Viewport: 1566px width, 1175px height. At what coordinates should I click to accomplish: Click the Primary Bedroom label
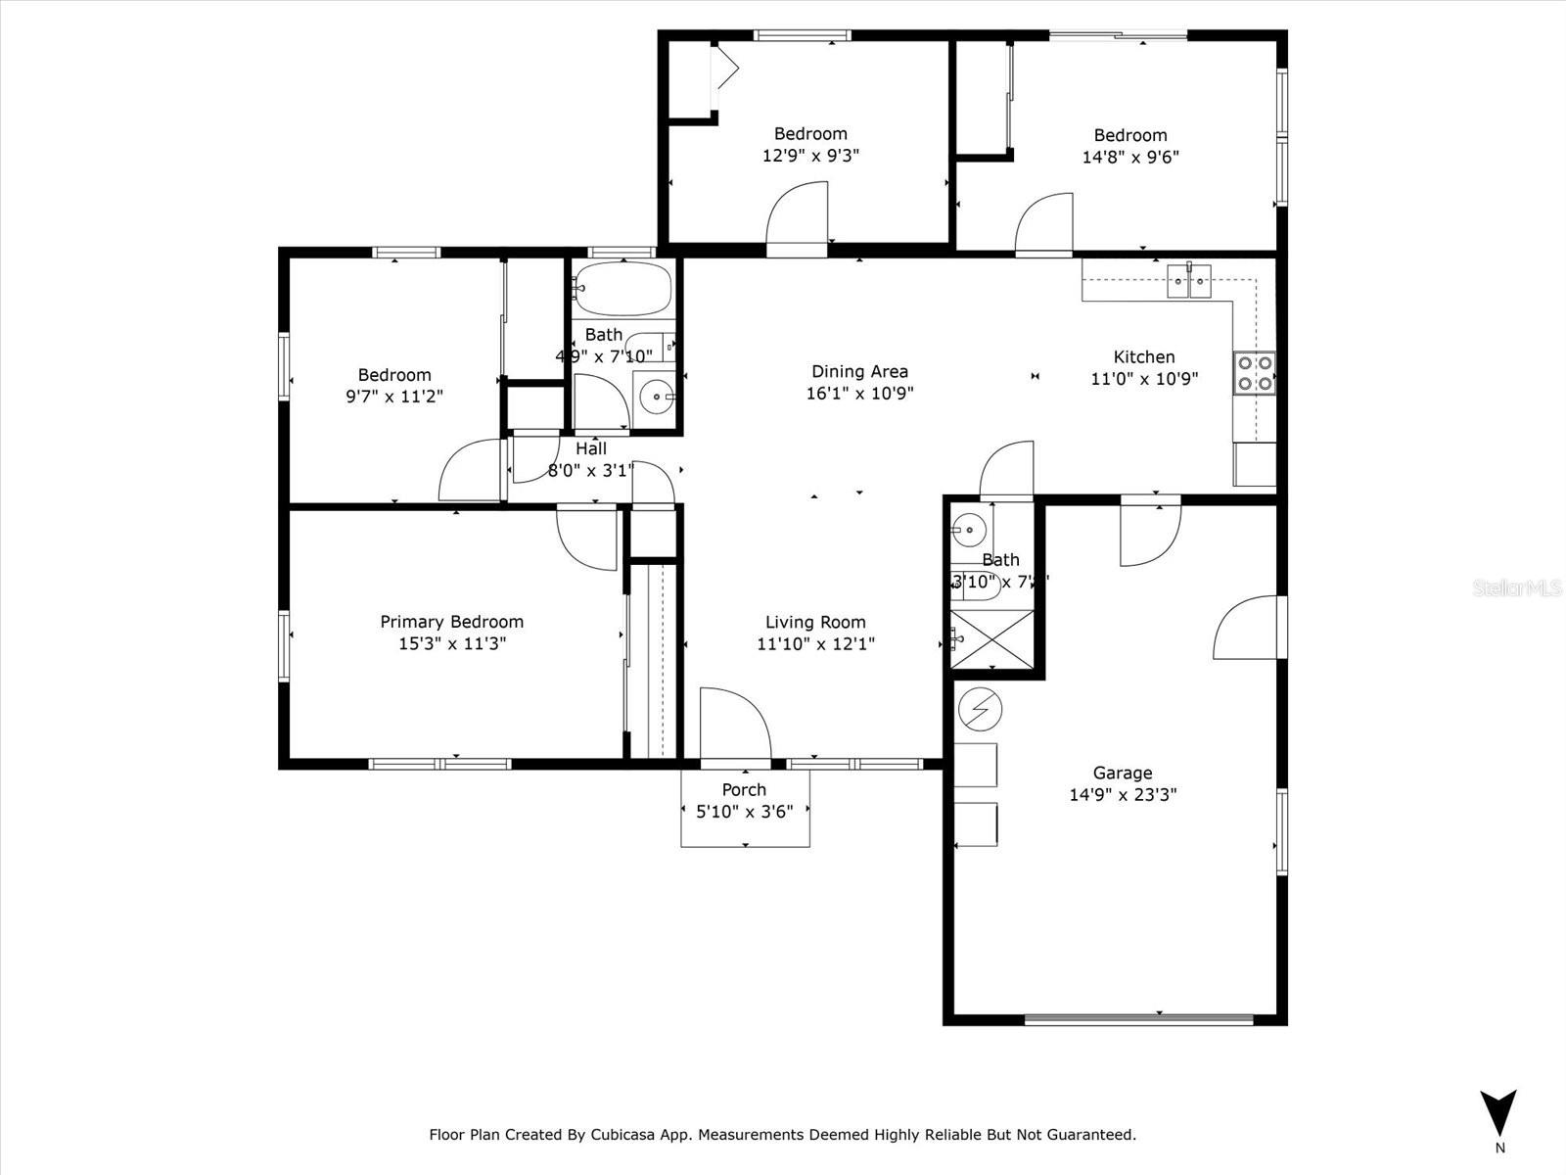click(451, 622)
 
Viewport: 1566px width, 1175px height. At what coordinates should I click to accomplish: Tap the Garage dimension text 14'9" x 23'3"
click(1123, 795)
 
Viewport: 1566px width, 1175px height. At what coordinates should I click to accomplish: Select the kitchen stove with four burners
click(1255, 372)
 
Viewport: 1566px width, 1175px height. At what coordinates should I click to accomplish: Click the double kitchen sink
click(1189, 281)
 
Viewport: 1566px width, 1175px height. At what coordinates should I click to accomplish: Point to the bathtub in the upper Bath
click(623, 289)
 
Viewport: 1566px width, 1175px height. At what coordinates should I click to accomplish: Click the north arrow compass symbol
click(1497, 1114)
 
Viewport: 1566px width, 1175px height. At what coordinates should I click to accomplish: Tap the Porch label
click(744, 789)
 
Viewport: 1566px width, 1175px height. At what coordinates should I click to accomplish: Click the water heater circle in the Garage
click(981, 709)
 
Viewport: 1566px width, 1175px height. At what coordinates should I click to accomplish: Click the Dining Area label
click(859, 371)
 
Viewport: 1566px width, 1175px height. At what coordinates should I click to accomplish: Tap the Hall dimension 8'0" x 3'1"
click(591, 470)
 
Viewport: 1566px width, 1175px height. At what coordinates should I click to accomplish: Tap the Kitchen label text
click(1144, 356)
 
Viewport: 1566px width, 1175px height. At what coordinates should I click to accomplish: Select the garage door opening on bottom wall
click(1138, 1018)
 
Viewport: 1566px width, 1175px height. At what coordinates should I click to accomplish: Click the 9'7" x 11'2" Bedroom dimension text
click(394, 397)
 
